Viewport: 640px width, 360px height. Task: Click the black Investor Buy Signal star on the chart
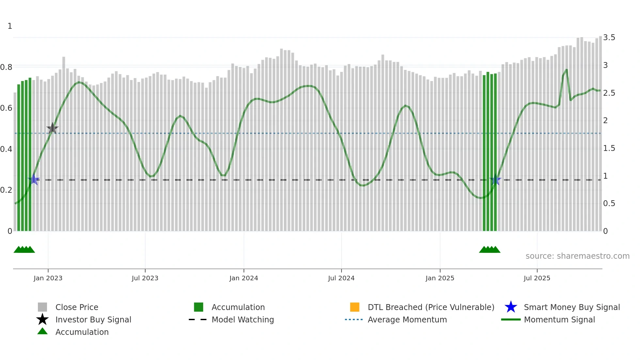(x=52, y=128)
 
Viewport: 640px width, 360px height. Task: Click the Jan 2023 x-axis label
(x=48, y=278)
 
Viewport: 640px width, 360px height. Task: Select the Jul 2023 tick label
(x=145, y=278)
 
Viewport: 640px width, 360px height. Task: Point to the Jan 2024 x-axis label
(x=244, y=278)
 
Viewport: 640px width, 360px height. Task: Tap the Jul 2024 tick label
(x=341, y=278)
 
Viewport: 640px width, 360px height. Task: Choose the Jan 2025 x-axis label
(x=440, y=278)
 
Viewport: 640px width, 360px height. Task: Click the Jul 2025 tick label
(x=537, y=278)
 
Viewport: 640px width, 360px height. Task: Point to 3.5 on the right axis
(x=609, y=38)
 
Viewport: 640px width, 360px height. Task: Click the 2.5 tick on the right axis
(x=609, y=93)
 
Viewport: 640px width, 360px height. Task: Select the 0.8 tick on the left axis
(x=7, y=67)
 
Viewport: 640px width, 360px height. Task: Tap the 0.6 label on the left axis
(x=7, y=108)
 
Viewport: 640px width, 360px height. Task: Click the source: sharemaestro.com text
(x=577, y=256)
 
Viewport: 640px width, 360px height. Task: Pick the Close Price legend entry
(x=77, y=307)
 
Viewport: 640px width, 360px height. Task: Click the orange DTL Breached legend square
(x=355, y=307)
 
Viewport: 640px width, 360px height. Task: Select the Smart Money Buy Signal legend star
(x=511, y=307)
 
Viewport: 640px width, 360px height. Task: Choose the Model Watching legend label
(x=243, y=319)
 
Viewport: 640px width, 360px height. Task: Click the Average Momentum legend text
(x=407, y=319)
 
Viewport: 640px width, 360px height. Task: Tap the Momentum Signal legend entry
(x=559, y=319)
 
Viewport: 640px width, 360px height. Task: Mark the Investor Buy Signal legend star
(x=42, y=319)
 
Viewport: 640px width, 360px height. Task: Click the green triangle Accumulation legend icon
(x=42, y=331)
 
